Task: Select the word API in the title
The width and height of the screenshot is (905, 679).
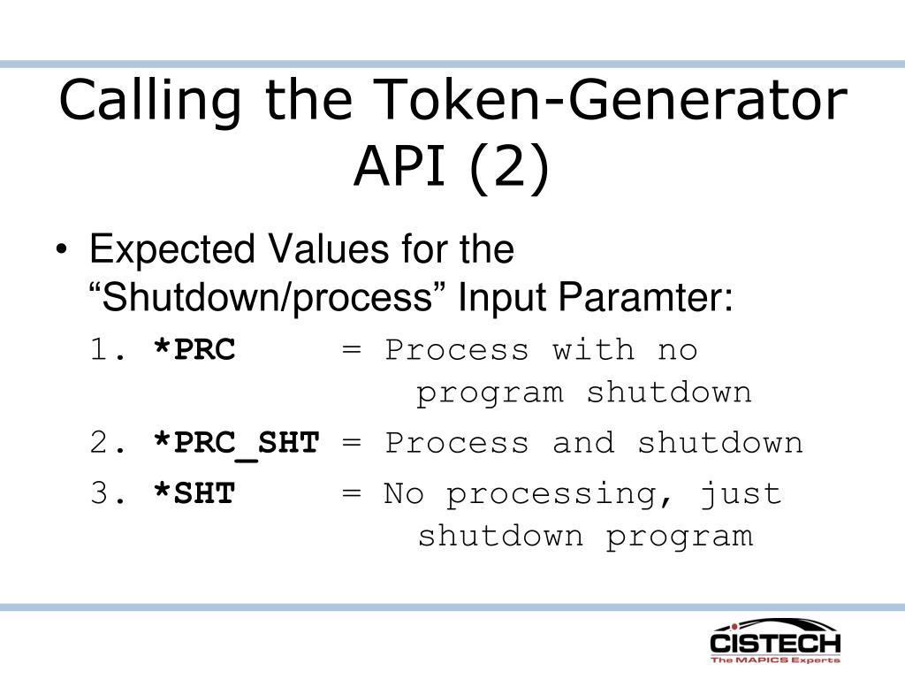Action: click(399, 165)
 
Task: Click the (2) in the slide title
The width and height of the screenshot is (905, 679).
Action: click(509, 167)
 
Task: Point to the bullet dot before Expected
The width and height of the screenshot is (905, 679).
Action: click(62, 249)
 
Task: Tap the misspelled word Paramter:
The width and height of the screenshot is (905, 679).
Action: click(645, 297)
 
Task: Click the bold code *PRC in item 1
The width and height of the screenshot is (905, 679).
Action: click(194, 348)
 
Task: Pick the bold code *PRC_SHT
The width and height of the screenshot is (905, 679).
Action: click(237, 444)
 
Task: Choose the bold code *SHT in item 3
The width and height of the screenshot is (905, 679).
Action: click(194, 493)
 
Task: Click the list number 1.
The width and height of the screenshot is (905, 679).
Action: click(107, 349)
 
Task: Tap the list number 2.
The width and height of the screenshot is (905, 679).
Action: click(107, 442)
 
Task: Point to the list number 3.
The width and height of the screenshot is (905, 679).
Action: click(107, 493)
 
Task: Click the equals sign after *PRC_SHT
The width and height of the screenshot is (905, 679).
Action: click(352, 443)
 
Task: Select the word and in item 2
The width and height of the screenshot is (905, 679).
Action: click(583, 443)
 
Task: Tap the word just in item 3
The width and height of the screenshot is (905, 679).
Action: click(741, 495)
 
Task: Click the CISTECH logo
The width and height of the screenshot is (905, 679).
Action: click(775, 641)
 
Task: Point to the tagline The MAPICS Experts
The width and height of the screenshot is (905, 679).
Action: click(775, 660)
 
